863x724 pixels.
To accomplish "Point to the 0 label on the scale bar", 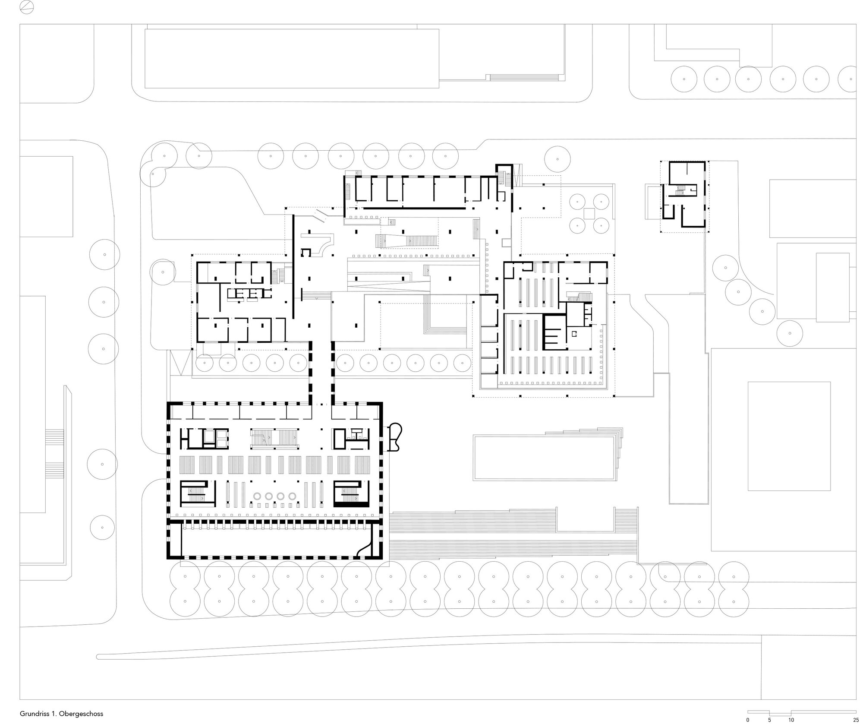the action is [x=748, y=720].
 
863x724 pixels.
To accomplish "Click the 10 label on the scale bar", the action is [x=791, y=720].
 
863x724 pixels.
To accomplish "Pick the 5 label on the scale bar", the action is [x=769, y=720].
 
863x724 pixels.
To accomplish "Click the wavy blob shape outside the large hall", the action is [x=395, y=437].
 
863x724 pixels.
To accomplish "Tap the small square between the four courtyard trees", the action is [x=589, y=213].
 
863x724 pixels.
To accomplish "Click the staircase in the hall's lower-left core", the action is [x=196, y=493].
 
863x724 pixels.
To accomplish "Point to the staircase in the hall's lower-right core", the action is [x=350, y=493].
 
